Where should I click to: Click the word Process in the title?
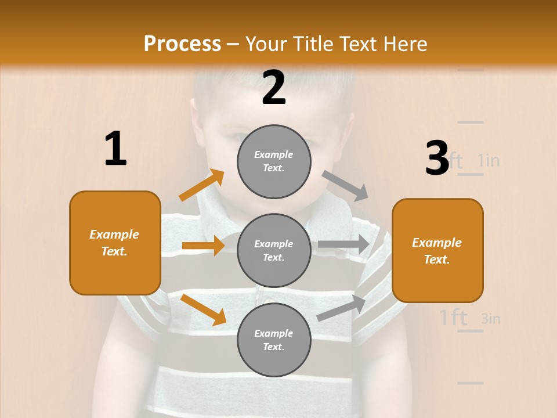point(182,44)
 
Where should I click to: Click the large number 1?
point(115,149)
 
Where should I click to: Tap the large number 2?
point(274,88)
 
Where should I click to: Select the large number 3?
point(437,158)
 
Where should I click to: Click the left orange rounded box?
point(115,243)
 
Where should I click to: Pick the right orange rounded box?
point(437,250)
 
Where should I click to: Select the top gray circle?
point(274,161)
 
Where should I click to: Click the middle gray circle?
point(274,250)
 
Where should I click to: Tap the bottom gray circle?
point(274,340)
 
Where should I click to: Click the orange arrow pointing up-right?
point(201,185)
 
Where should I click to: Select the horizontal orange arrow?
point(202,246)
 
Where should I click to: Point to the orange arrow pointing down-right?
point(203,309)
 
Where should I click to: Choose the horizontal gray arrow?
point(343,244)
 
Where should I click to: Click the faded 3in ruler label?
point(491,318)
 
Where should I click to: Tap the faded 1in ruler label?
point(489,160)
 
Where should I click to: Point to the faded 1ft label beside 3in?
point(453,318)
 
